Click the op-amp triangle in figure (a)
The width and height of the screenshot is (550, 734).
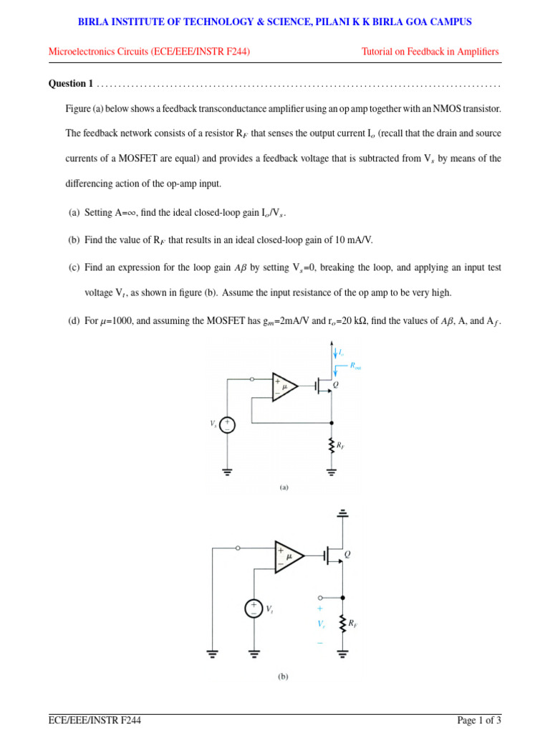point(284,387)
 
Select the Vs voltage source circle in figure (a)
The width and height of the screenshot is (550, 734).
point(227,425)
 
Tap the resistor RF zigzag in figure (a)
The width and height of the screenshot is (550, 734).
point(331,445)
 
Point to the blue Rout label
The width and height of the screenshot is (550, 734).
point(356,366)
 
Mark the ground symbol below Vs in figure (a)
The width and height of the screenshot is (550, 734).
point(227,472)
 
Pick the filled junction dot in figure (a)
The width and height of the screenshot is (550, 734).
point(331,422)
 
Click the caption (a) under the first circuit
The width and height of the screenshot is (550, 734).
point(284,487)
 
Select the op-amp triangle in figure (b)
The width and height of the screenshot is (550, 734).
point(289,556)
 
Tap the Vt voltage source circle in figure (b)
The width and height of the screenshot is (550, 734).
point(254,609)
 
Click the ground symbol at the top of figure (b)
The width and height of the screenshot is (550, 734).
point(343,513)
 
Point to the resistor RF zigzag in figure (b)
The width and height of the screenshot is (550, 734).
point(343,624)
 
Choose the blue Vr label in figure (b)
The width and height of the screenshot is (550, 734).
point(322,624)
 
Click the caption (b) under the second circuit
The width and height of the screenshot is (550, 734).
point(284,676)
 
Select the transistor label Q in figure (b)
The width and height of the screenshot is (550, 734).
point(348,554)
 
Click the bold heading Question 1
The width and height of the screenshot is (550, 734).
point(70,84)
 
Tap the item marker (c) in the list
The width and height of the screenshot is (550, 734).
point(74,267)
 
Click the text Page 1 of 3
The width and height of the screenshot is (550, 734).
point(479,720)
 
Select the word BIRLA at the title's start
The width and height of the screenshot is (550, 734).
point(95,22)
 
